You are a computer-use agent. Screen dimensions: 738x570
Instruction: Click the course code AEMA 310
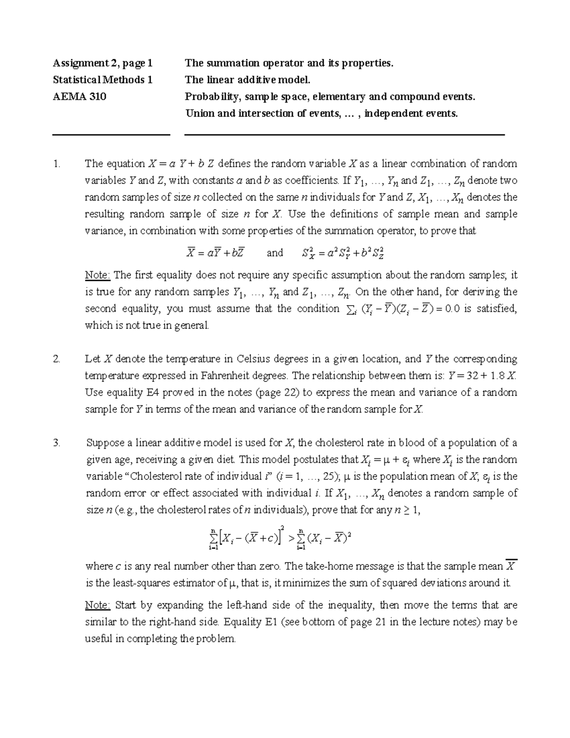tap(79, 97)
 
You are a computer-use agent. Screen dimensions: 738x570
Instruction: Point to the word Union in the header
tap(199, 114)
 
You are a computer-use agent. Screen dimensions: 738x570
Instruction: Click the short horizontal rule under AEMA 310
tap(111, 135)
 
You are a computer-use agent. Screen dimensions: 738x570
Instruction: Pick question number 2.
tap(57, 359)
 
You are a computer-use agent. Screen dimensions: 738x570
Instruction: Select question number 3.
tap(57, 443)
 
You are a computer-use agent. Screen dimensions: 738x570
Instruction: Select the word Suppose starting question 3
tap(106, 443)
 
